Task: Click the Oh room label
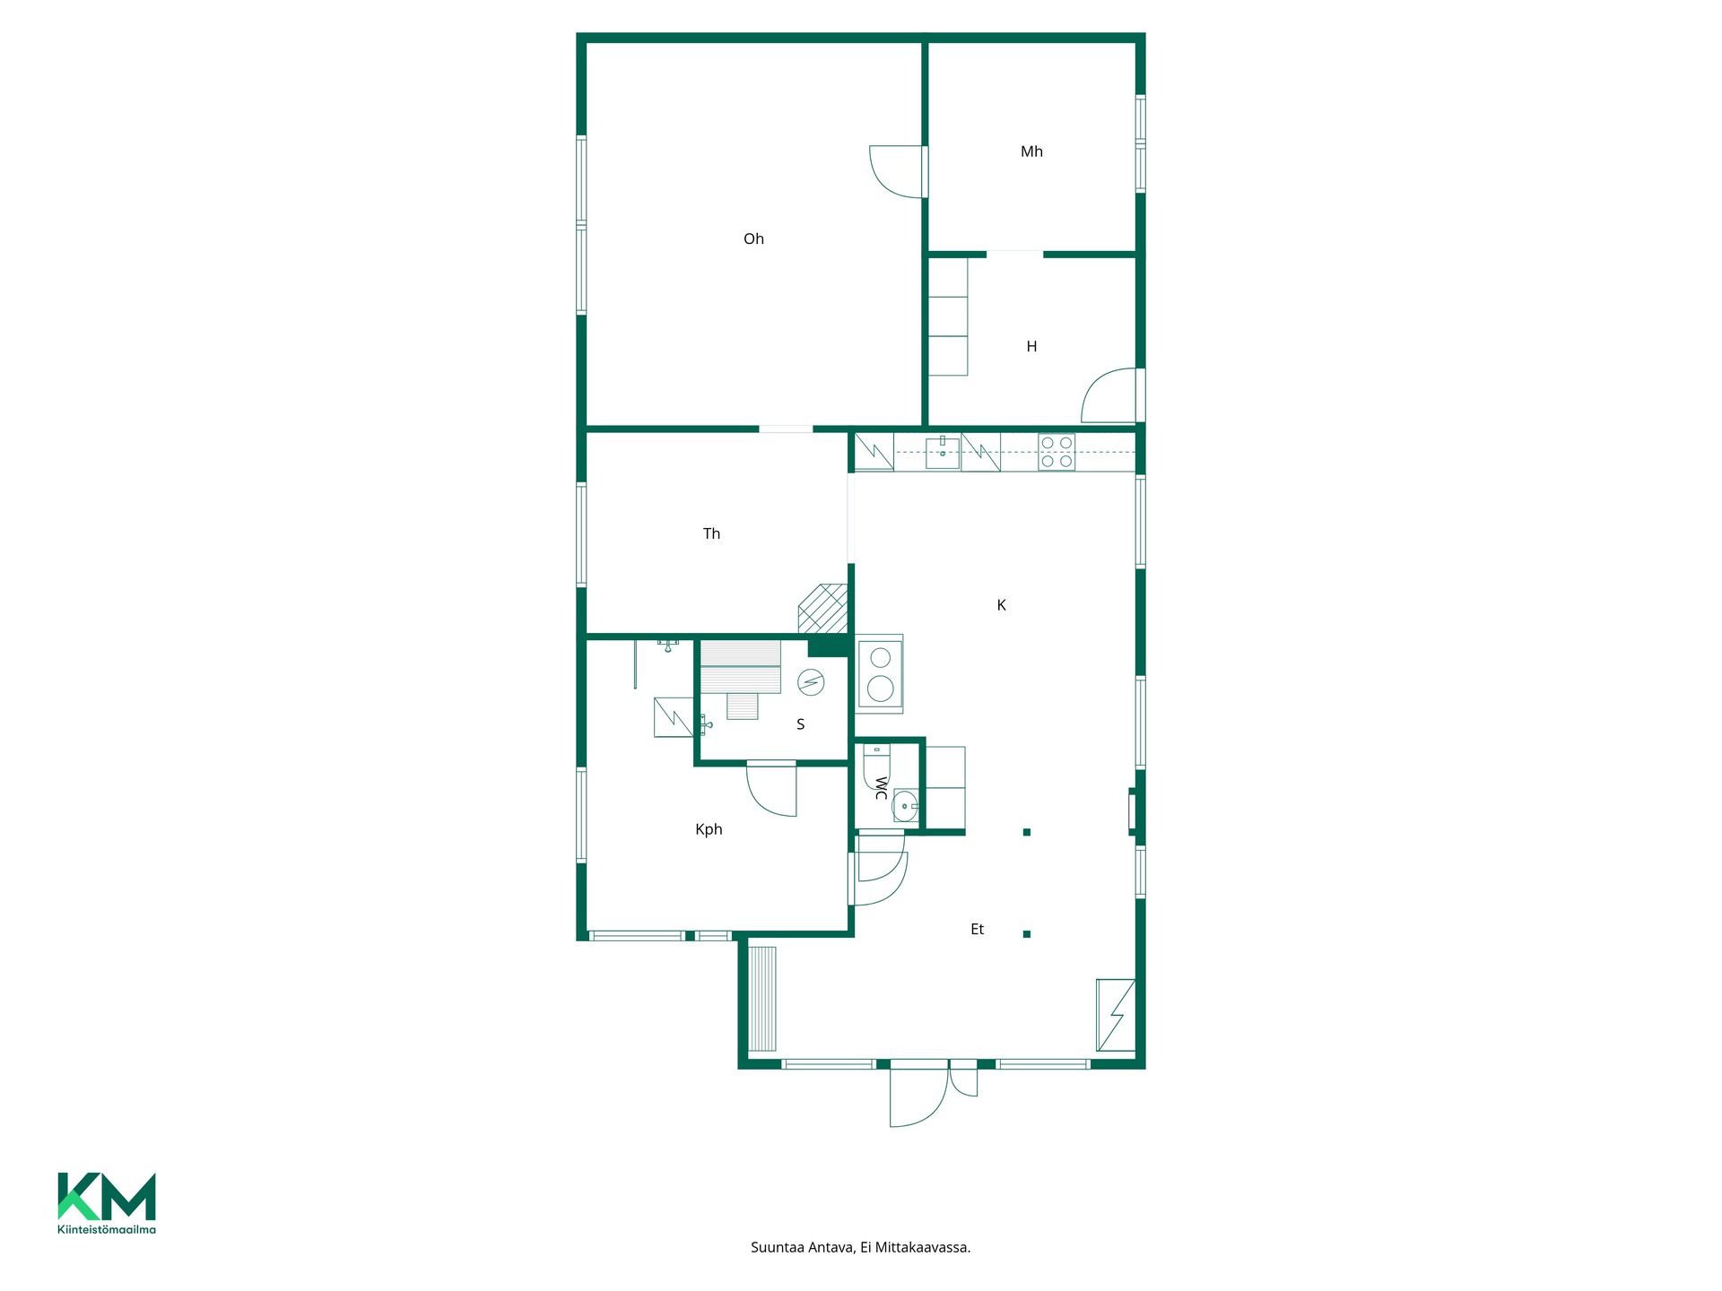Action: pos(753,238)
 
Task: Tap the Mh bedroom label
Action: pos(1031,152)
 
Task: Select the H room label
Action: pos(1031,346)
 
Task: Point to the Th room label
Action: pos(711,533)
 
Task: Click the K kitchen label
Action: pos(1001,605)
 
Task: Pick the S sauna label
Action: pos(801,724)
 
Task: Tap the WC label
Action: pos(881,789)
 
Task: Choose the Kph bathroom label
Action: pos(709,829)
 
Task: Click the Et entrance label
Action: pos(978,929)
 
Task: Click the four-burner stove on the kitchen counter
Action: pos(1057,452)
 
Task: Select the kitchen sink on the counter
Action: pos(943,453)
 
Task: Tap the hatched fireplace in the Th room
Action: pos(823,609)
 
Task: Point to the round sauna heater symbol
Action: pos(811,683)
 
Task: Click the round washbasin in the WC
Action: pos(905,806)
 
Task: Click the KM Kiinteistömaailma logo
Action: pos(107,1203)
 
